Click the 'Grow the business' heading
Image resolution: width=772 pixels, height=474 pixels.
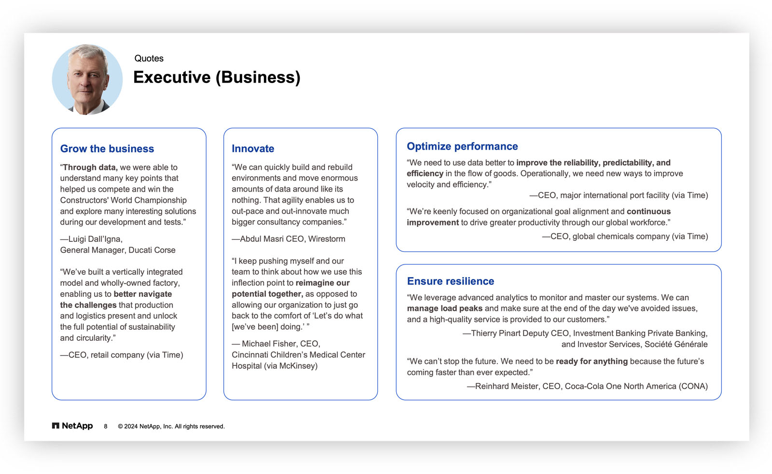pos(107,149)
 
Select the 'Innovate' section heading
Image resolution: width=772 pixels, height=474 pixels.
pos(253,149)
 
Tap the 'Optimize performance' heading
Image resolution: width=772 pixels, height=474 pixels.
pos(462,146)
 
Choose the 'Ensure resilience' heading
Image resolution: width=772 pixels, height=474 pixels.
pos(450,281)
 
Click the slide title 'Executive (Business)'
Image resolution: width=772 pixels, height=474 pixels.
pos(217,77)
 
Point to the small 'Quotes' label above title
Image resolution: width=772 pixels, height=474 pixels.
pos(149,58)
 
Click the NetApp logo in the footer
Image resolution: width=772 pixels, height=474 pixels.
pos(72,426)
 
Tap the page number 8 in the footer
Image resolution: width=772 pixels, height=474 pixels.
pos(106,426)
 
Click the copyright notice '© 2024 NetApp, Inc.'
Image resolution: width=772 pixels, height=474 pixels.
pos(171,426)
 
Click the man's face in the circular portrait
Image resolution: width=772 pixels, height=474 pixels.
pos(87,77)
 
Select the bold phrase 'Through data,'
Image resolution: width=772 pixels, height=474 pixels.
pos(90,167)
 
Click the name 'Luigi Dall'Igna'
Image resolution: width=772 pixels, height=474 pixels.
pos(95,239)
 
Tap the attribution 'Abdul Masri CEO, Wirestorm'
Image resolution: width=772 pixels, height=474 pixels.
pos(292,239)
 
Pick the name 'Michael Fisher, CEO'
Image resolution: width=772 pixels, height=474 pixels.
pos(280,344)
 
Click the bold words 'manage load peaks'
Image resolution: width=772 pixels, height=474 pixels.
pos(444,308)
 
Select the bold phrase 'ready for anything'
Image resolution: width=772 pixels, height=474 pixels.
pos(592,361)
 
